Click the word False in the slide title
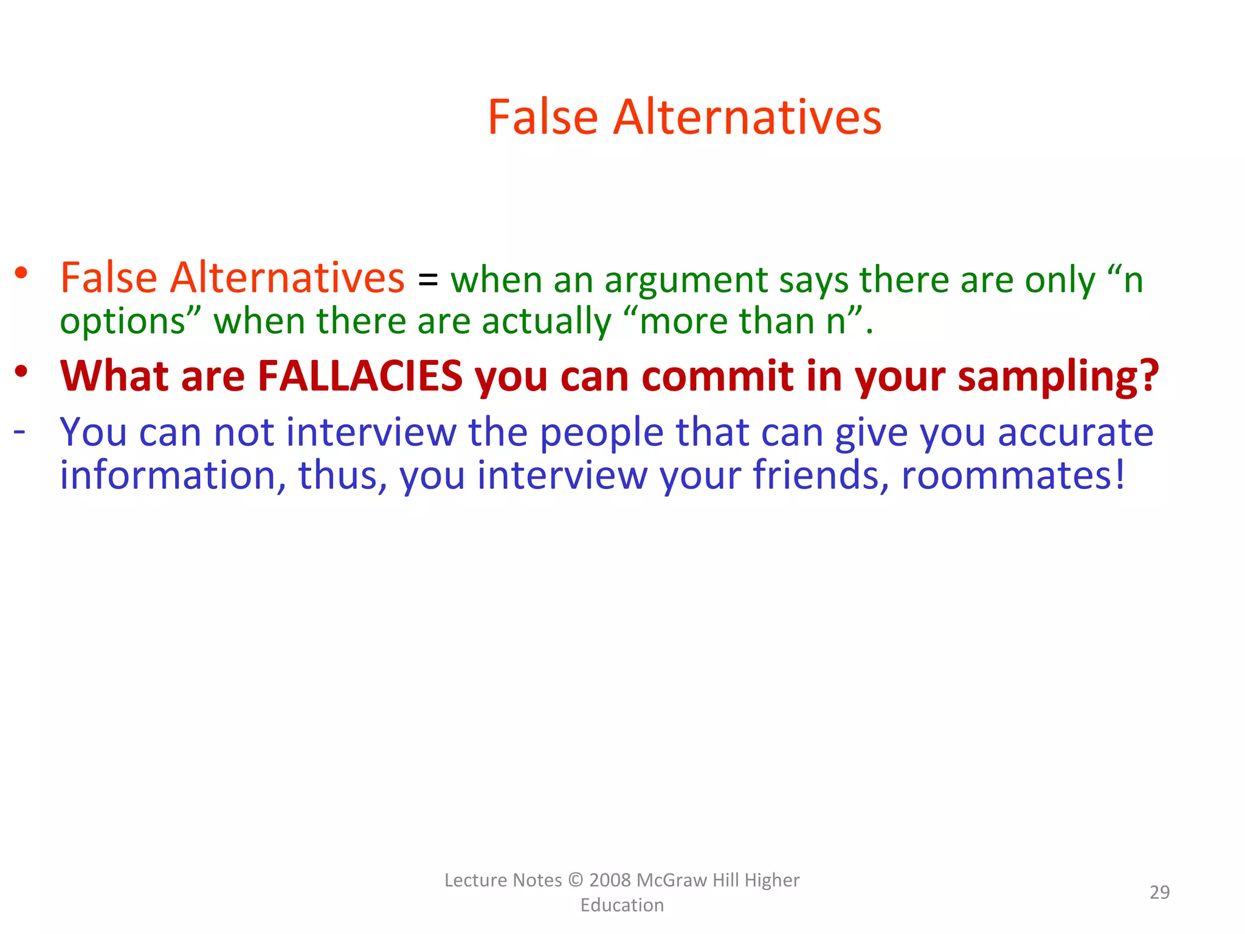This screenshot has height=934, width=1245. [543, 117]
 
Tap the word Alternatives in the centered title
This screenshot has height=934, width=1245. [747, 117]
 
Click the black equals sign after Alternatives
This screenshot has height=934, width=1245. [427, 280]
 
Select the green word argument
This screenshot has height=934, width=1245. [686, 282]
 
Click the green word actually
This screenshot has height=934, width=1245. [547, 322]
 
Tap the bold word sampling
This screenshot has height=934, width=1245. [1058, 377]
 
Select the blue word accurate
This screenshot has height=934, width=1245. [1075, 432]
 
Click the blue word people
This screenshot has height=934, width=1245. [602, 434]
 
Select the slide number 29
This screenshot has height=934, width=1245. [1159, 892]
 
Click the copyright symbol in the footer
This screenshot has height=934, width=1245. [575, 880]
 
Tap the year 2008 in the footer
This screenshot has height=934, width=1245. [610, 880]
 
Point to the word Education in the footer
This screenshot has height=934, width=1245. [622, 905]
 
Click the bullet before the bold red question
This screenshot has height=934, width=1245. [22, 371]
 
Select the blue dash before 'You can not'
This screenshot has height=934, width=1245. [19, 431]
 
